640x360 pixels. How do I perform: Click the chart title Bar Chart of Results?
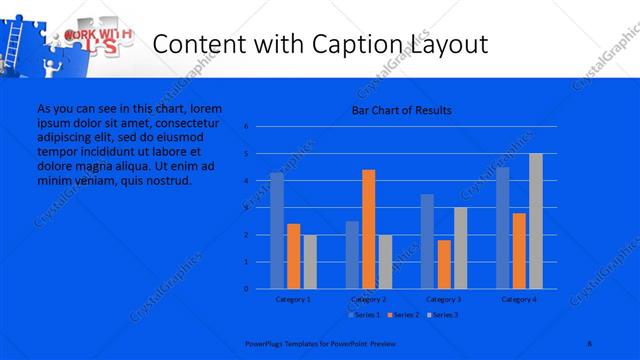(x=401, y=110)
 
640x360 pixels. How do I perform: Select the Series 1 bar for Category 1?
(x=277, y=230)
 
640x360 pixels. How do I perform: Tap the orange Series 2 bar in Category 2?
(x=368, y=228)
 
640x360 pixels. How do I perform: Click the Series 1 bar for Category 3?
(x=427, y=241)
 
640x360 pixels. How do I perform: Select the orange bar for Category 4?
(x=519, y=250)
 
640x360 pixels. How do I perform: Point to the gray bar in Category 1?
(x=309, y=261)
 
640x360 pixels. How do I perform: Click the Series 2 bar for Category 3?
(x=444, y=264)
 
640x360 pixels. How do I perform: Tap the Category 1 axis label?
(x=293, y=299)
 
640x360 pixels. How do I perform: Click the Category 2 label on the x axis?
(x=368, y=299)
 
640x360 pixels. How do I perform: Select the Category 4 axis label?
(x=519, y=299)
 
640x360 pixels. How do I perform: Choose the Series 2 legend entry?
(x=402, y=315)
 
